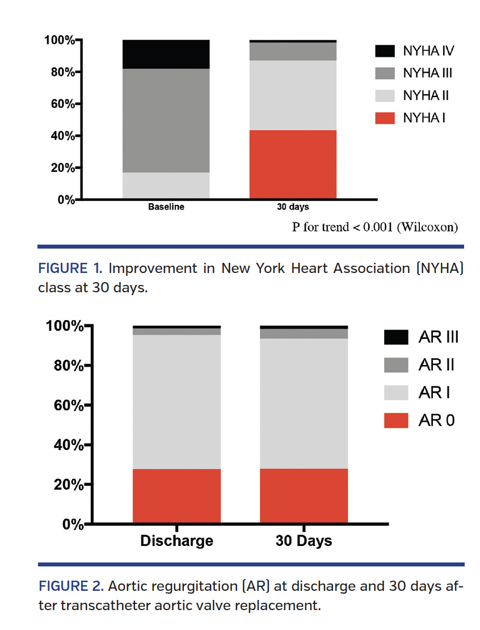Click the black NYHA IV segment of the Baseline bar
click(166, 54)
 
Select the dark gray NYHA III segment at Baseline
click(166, 120)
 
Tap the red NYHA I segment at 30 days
click(293, 165)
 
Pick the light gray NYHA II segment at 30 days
click(293, 95)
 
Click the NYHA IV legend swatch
click(385, 51)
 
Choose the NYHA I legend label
click(425, 117)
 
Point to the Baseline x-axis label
click(166, 207)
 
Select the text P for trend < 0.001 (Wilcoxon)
click(374, 227)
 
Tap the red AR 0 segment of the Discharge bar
click(176, 495)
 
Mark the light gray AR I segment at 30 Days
click(304, 403)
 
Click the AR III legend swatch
click(395, 337)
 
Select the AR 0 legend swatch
click(395, 420)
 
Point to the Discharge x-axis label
click(176, 540)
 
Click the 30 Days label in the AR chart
click(304, 540)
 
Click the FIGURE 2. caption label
click(71, 586)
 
